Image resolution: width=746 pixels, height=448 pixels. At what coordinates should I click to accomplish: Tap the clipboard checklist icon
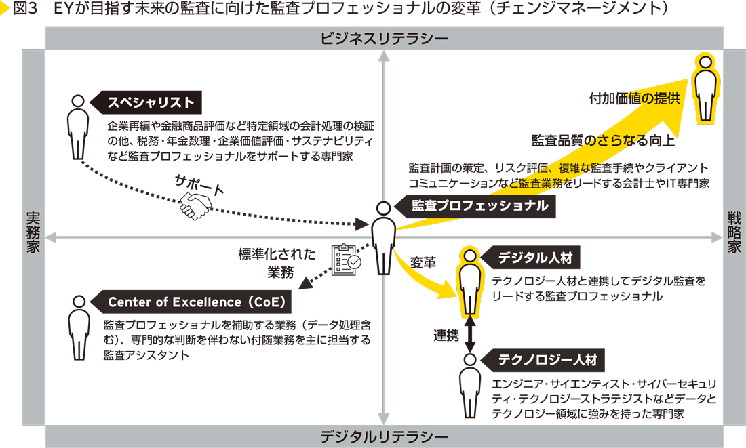pyautogui.click(x=346, y=258)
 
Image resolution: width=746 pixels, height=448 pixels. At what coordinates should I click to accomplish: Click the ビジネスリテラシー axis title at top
pyautogui.click(x=385, y=39)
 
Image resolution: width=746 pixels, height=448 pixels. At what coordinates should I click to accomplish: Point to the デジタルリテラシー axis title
pyautogui.click(x=385, y=436)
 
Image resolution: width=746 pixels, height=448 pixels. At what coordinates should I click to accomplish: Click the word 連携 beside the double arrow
pyautogui.click(x=446, y=334)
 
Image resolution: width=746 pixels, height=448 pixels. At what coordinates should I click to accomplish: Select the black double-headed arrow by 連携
pyautogui.click(x=469, y=334)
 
